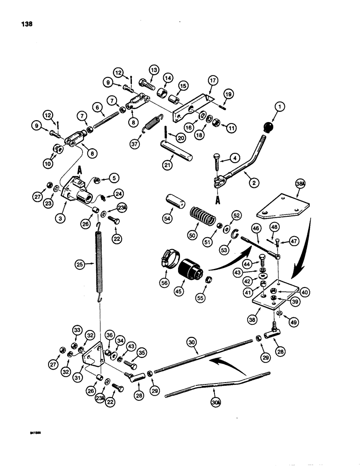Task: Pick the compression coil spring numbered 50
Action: tap(200, 218)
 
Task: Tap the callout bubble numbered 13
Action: tap(154, 69)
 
